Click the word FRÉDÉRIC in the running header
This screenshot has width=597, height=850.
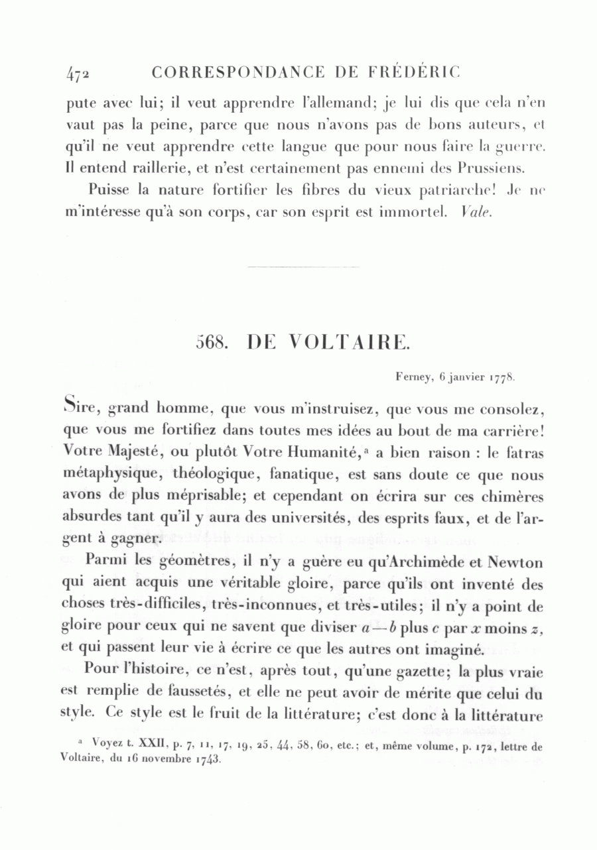click(x=421, y=72)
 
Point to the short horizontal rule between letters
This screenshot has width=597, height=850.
click(x=302, y=267)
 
